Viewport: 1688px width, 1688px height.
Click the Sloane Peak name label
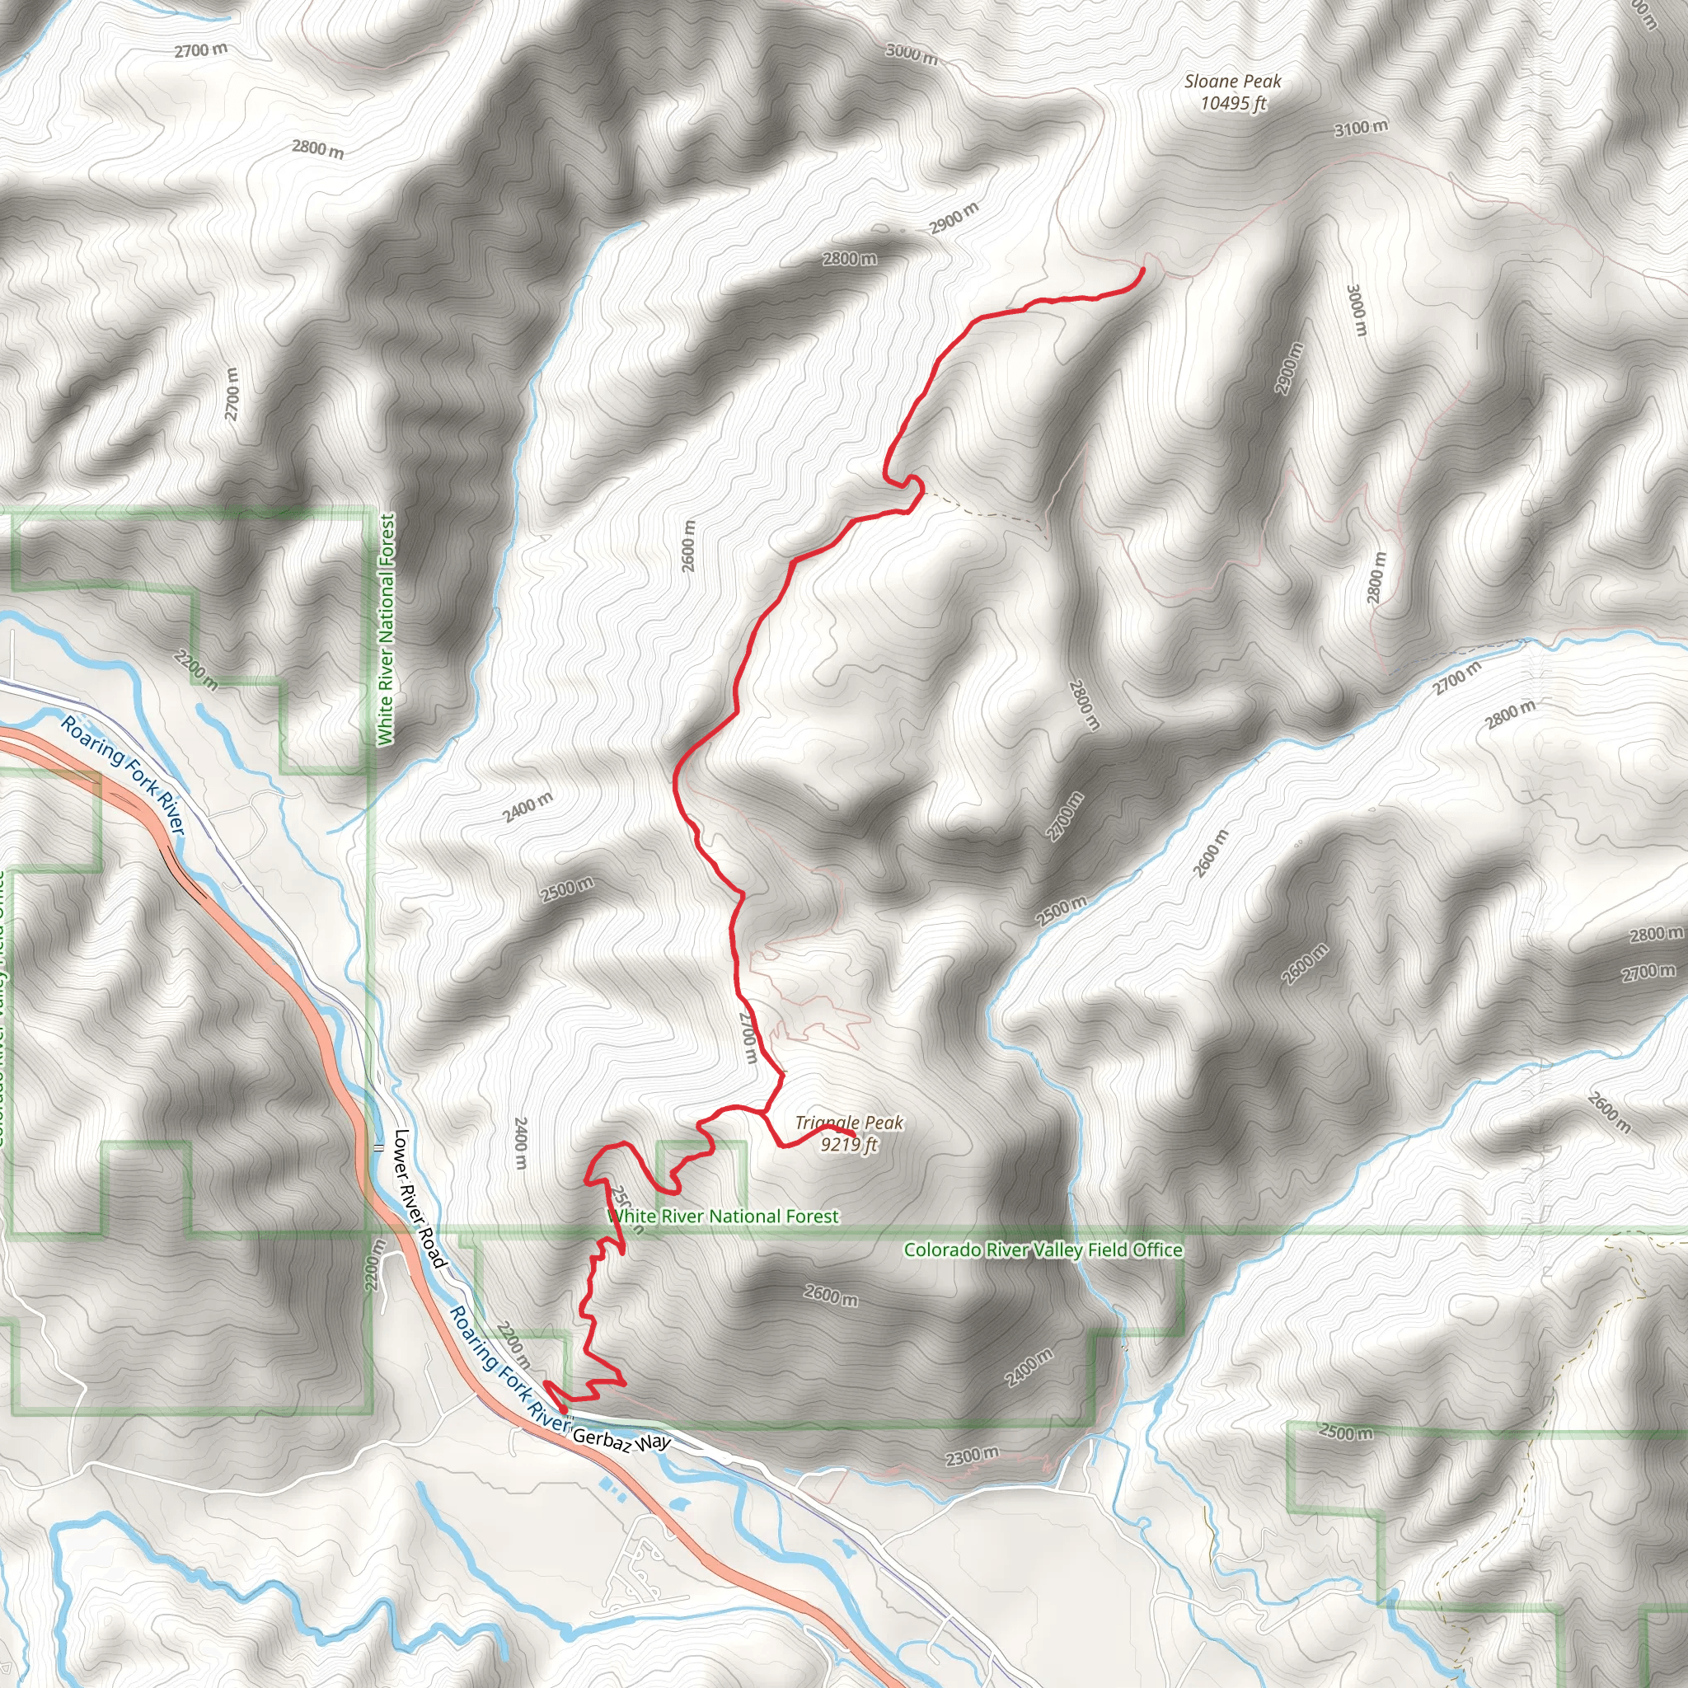pyautogui.click(x=1232, y=82)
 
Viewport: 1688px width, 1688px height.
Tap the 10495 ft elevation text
pyautogui.click(x=1233, y=103)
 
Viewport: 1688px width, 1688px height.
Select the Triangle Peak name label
pyautogui.click(x=848, y=1123)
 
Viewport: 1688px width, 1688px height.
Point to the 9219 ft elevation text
pyautogui.click(x=848, y=1144)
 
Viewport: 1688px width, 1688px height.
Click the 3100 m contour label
pyautogui.click(x=1360, y=128)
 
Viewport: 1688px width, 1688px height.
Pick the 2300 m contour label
pyautogui.click(x=972, y=1456)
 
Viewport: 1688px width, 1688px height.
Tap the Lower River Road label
pyautogui.click(x=420, y=1198)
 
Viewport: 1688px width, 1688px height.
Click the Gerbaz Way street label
pyautogui.click(x=621, y=1440)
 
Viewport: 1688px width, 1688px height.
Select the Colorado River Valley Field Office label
pyautogui.click(x=1043, y=1250)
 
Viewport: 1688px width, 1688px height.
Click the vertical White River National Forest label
pyautogui.click(x=387, y=629)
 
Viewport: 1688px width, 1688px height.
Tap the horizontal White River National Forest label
pyautogui.click(x=723, y=1217)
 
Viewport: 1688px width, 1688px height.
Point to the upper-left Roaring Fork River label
pyautogui.click(x=123, y=774)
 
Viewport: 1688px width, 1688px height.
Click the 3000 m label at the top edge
pyautogui.click(x=912, y=54)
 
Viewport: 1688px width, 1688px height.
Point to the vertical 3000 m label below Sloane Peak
pyautogui.click(x=1356, y=310)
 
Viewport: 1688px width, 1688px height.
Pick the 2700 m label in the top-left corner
pyautogui.click(x=201, y=49)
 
